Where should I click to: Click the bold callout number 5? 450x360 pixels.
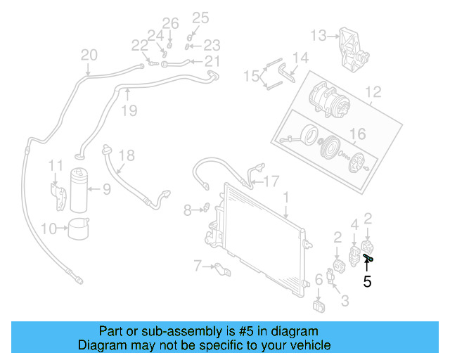367,283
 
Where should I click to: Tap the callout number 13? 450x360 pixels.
319,35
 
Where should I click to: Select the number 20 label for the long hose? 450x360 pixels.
89,55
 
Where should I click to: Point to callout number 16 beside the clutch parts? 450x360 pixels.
358,134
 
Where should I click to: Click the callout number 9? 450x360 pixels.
106,188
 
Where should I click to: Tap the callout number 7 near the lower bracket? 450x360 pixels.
198,265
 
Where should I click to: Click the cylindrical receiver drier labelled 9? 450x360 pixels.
79,190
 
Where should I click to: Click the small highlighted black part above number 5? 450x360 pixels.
368,259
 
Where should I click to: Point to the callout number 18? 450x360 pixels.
126,155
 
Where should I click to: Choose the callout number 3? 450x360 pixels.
345,301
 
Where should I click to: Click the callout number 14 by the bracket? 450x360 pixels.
300,58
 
